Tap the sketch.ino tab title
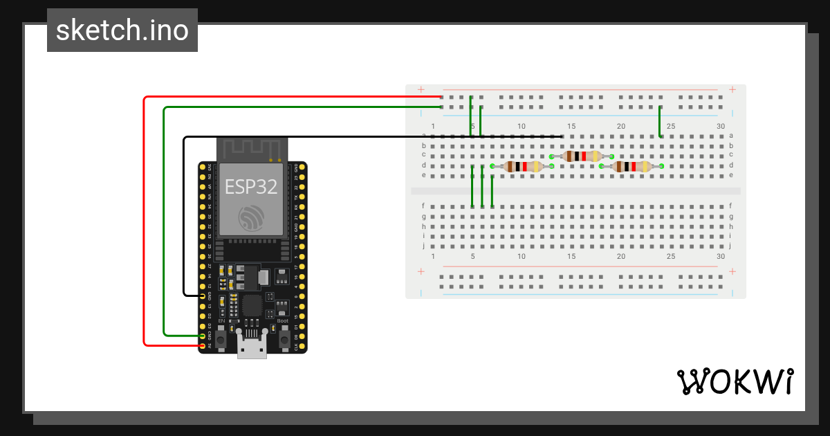coord(122,30)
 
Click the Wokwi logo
coord(735,381)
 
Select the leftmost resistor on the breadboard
coord(522,166)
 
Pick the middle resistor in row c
coord(582,156)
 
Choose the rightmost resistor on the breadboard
coord(631,166)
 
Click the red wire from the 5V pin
coord(144,221)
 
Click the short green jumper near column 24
coord(660,121)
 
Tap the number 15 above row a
coord(571,126)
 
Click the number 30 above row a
coord(721,126)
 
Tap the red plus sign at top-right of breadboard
coord(732,89)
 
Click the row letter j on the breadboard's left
coord(423,245)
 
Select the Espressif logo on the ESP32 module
coord(251,218)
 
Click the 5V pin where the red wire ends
coord(203,345)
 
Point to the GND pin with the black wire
coord(203,296)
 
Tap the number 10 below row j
coord(522,256)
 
